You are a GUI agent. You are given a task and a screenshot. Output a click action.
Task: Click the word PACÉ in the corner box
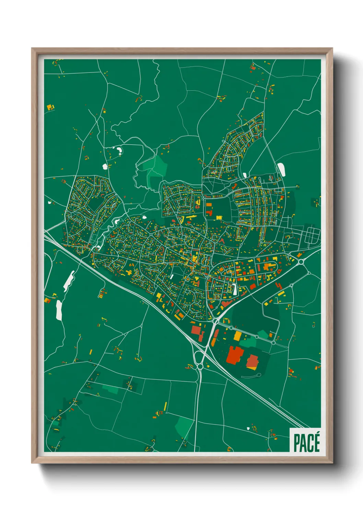306,443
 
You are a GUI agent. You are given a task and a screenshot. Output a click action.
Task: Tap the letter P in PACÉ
297,443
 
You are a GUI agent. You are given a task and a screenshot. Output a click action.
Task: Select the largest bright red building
234,355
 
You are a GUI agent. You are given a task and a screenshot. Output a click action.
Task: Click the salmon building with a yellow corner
252,362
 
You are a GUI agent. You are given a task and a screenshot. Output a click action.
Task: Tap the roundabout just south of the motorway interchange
200,367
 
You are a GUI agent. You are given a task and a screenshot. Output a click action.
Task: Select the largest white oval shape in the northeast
281,170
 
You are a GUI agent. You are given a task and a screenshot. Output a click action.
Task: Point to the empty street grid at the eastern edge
310,237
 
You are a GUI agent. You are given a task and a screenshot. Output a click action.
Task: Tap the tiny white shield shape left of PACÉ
248,429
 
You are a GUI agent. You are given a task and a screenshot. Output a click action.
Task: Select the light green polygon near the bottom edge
184,427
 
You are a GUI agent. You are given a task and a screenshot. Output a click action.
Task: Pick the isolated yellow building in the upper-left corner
50,107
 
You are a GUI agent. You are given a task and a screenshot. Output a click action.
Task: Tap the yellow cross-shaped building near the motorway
129,272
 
